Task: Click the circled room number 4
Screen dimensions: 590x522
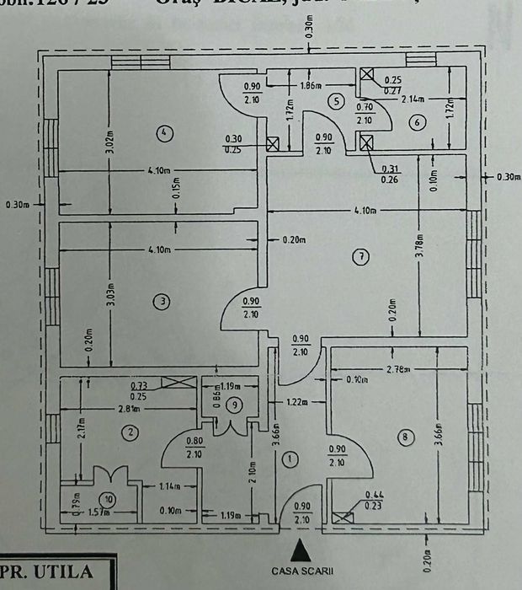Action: point(164,131)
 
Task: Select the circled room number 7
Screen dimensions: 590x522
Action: point(360,257)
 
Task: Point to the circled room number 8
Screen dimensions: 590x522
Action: point(407,437)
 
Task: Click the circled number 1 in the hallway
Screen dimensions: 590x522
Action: point(290,459)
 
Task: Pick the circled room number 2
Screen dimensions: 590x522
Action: point(130,433)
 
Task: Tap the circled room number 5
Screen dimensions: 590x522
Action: point(336,102)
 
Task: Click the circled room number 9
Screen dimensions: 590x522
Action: point(235,405)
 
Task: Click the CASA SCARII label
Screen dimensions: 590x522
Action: point(296,571)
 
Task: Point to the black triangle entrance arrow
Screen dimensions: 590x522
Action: point(296,551)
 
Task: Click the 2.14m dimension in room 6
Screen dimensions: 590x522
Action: point(412,99)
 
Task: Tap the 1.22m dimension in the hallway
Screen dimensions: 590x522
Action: point(297,403)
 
